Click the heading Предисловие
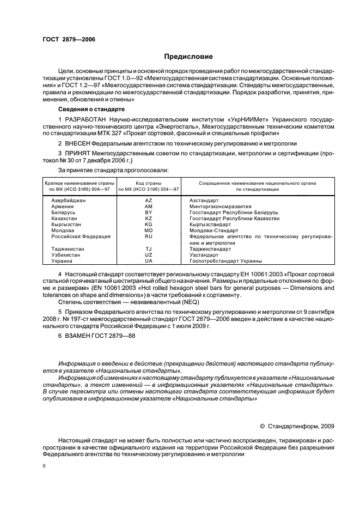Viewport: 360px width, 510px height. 188,57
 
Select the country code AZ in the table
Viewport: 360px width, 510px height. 149,201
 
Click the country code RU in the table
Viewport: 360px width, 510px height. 149,236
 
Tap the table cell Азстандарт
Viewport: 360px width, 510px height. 205,201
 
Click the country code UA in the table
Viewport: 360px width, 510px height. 149,260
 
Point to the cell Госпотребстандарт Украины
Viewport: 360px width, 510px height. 225,260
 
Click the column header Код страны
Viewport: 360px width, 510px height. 149,183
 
